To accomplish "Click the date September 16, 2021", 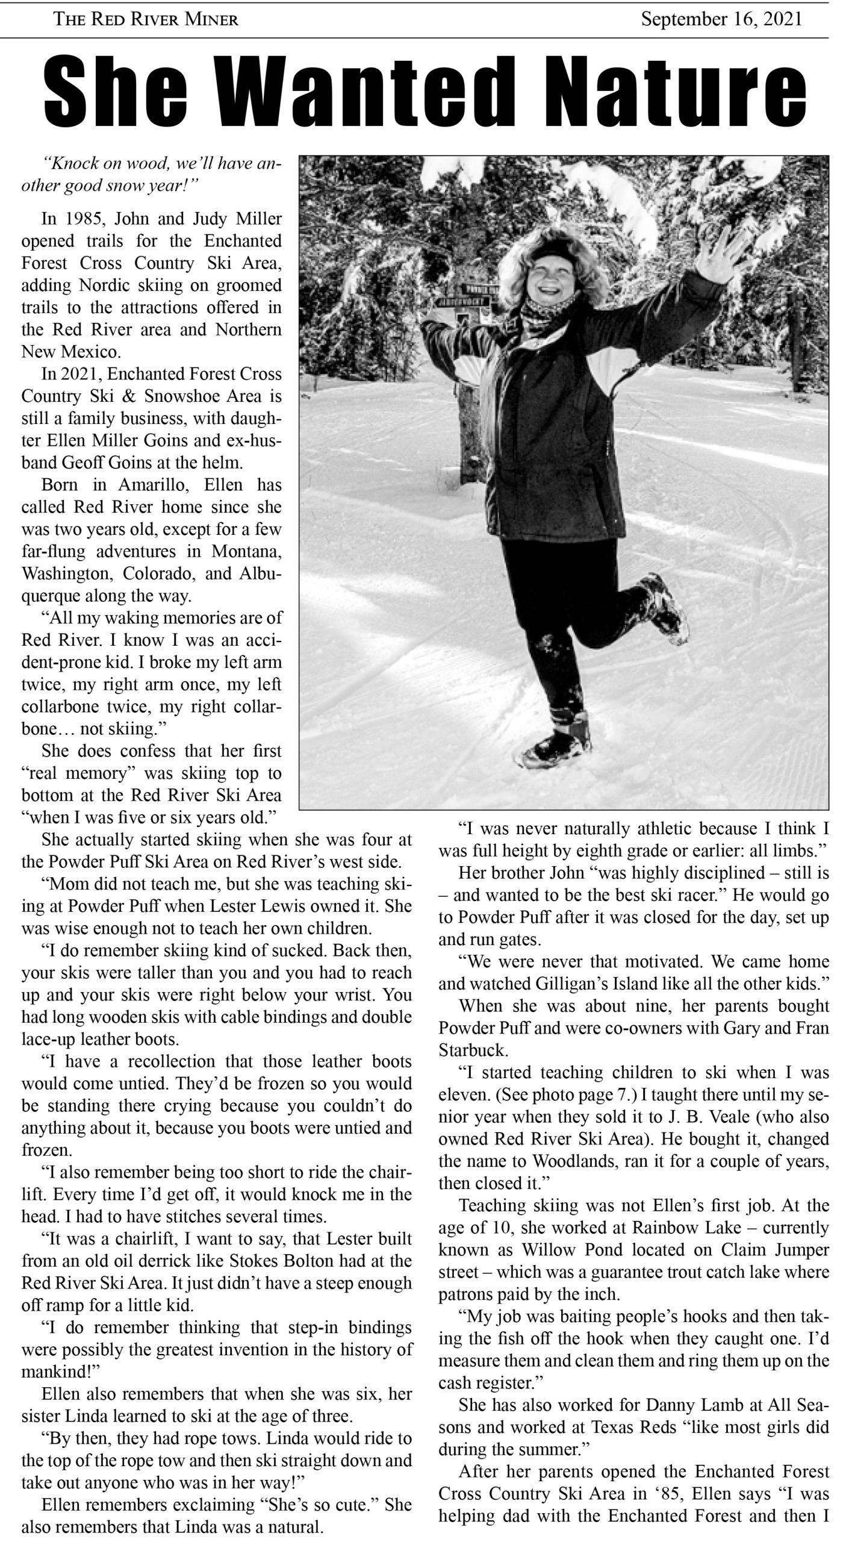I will coord(721,19).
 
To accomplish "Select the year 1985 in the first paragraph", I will coord(87,218).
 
